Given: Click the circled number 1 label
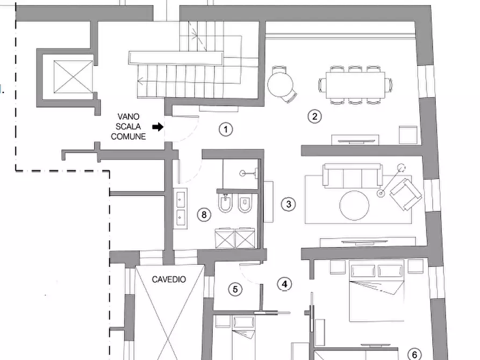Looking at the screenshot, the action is pyautogui.click(x=226, y=129).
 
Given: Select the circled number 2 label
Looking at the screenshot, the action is pyautogui.click(x=314, y=116).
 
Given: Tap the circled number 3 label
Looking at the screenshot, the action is pyautogui.click(x=288, y=204).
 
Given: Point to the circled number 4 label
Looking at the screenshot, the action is pyautogui.click(x=284, y=284).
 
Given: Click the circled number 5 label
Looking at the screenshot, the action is pyautogui.click(x=235, y=289).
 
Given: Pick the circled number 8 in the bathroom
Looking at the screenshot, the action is pyautogui.click(x=204, y=214).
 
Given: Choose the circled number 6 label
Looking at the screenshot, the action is pyautogui.click(x=414, y=354).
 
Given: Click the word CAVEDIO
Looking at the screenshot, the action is pyautogui.click(x=169, y=279).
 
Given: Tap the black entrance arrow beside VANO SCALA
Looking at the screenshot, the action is pyautogui.click(x=158, y=127).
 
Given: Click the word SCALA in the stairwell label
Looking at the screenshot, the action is pyautogui.click(x=128, y=126).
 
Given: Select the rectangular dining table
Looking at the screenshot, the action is pyautogui.click(x=355, y=85).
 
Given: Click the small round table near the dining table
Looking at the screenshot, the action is pyautogui.click(x=280, y=84).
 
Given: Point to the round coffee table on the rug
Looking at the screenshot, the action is pyautogui.click(x=354, y=205).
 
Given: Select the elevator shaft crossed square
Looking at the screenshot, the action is pyautogui.click(x=73, y=77).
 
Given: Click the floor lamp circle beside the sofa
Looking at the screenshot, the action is pyautogui.click(x=401, y=168).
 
